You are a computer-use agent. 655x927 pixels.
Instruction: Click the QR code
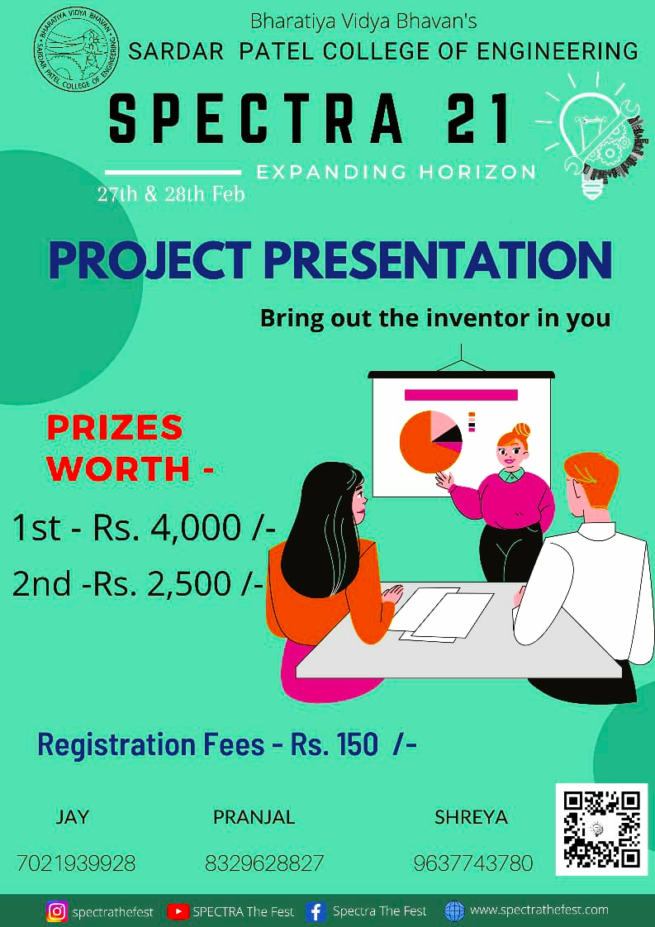pyautogui.click(x=601, y=829)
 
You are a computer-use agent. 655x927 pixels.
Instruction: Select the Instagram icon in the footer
pyautogui.click(x=57, y=911)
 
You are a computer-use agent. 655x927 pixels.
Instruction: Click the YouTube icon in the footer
pyautogui.click(x=178, y=911)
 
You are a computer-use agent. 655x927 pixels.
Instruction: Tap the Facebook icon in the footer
pyautogui.click(x=315, y=911)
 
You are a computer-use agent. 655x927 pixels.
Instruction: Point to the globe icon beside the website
pyautogui.click(x=454, y=910)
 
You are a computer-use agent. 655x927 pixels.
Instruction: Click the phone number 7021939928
pyautogui.click(x=76, y=863)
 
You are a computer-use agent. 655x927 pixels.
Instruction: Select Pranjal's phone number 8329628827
pyautogui.click(x=264, y=863)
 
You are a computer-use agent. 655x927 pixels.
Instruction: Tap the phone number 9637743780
pyautogui.click(x=473, y=863)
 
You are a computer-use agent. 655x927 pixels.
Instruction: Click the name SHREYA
pyautogui.click(x=471, y=818)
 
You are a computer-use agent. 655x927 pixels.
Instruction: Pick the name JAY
pyautogui.click(x=73, y=818)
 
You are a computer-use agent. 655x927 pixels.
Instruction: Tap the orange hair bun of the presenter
pyautogui.click(x=520, y=430)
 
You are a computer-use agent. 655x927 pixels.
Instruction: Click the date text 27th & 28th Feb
pyautogui.click(x=171, y=195)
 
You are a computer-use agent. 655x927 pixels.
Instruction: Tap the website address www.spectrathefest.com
pyautogui.click(x=539, y=910)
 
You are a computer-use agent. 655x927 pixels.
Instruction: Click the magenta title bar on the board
pyautogui.click(x=461, y=395)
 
